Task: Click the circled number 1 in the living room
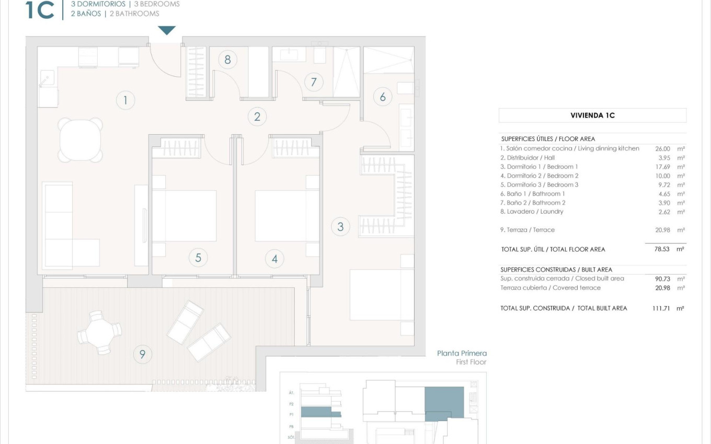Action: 125,100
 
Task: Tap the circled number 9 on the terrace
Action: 142,355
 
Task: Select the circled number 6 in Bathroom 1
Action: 383,97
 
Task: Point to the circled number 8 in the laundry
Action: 227,60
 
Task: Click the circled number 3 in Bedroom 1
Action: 340,226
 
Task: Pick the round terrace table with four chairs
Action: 99,332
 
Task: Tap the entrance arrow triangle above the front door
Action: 167,30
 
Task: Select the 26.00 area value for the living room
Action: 662,148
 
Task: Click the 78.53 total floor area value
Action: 662,249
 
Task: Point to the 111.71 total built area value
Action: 661,308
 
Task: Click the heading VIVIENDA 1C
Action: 592,115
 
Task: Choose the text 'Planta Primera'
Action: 462,354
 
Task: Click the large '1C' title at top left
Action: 40,10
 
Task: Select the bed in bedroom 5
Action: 184,216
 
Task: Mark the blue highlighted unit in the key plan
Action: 444,402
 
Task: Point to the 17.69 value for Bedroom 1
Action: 662,167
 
